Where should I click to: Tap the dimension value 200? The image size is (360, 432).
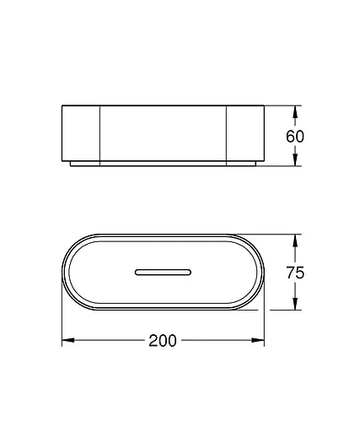tap(162, 341)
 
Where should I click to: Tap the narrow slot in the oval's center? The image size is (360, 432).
tap(162, 272)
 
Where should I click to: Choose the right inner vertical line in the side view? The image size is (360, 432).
tap(226, 132)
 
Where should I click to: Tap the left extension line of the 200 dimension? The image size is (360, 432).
tap(63, 325)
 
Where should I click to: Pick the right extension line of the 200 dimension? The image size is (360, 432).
tap(263, 325)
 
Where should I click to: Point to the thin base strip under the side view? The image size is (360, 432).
tap(162, 162)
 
